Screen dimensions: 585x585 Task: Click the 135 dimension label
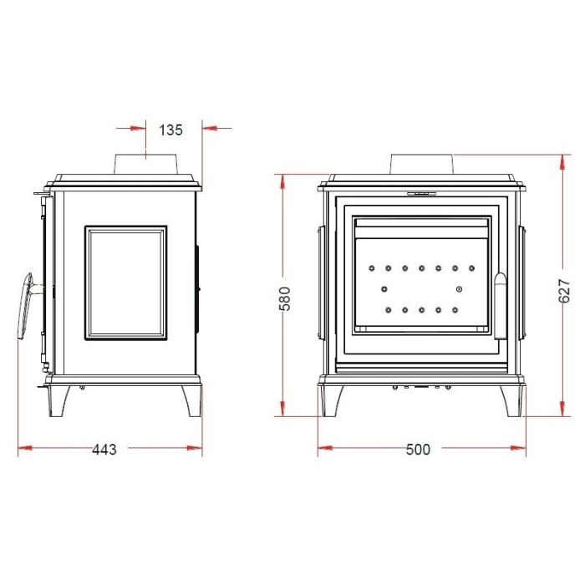coord(170,130)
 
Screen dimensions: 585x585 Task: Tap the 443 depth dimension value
coord(104,450)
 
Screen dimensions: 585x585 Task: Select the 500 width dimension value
coord(418,450)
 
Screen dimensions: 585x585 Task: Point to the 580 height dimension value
coord(285,298)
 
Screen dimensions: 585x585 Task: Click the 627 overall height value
coord(564,291)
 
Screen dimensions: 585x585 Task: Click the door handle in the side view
coord(24,306)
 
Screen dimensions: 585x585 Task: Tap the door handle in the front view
coord(501,306)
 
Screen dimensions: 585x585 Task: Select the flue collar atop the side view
coord(145,164)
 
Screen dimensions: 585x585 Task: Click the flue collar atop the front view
coord(422,164)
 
